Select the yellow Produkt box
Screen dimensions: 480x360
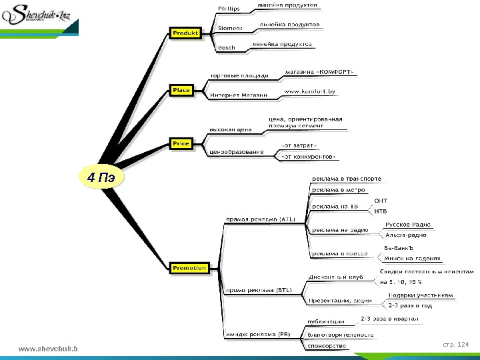tap(186, 33)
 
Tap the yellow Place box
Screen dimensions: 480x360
tap(181, 90)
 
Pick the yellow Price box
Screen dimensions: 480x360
tap(181, 143)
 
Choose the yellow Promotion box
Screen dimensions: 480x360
tap(189, 268)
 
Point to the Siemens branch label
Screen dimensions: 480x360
tap(231, 28)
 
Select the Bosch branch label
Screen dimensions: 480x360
tap(227, 48)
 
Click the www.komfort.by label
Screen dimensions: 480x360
tap(309, 90)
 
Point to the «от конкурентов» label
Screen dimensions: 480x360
tap(309, 157)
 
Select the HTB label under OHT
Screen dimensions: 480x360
tap(381, 211)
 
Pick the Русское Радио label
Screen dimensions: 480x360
tap(408, 225)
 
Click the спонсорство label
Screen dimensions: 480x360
tap(327, 346)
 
